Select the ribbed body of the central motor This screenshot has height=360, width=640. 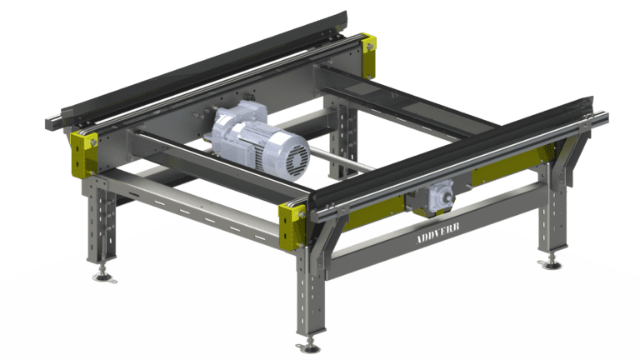coord(242,134)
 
